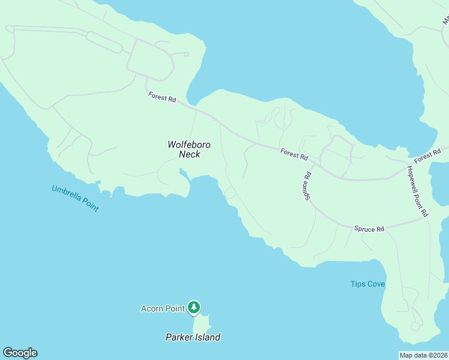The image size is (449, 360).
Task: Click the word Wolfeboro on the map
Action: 188,145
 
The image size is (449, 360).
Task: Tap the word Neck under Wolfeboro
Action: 189,154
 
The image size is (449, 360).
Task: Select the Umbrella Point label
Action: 75,199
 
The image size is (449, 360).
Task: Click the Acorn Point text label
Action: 162,308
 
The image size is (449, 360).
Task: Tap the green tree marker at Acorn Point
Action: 193,307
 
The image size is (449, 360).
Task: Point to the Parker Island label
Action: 193,337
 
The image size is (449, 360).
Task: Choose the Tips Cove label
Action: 367,284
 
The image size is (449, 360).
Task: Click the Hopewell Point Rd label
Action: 417,191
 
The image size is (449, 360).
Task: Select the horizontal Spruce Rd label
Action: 369,229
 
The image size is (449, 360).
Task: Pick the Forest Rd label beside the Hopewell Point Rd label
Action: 427,155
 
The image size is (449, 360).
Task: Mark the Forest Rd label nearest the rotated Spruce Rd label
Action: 294,154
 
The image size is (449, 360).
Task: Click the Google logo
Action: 20,353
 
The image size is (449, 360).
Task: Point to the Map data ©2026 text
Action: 423,355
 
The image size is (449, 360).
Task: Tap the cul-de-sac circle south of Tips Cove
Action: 414,326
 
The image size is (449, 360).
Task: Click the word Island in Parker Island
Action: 206,337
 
